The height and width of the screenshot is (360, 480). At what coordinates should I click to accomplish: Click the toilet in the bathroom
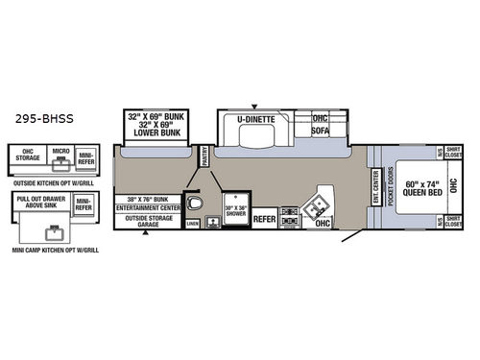click(x=195, y=204)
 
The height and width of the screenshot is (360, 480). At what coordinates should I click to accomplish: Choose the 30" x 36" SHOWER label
click(x=234, y=210)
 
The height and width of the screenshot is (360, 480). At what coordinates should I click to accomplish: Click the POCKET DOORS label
click(x=391, y=187)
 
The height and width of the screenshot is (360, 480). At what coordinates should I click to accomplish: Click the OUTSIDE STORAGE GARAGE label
click(x=148, y=223)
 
